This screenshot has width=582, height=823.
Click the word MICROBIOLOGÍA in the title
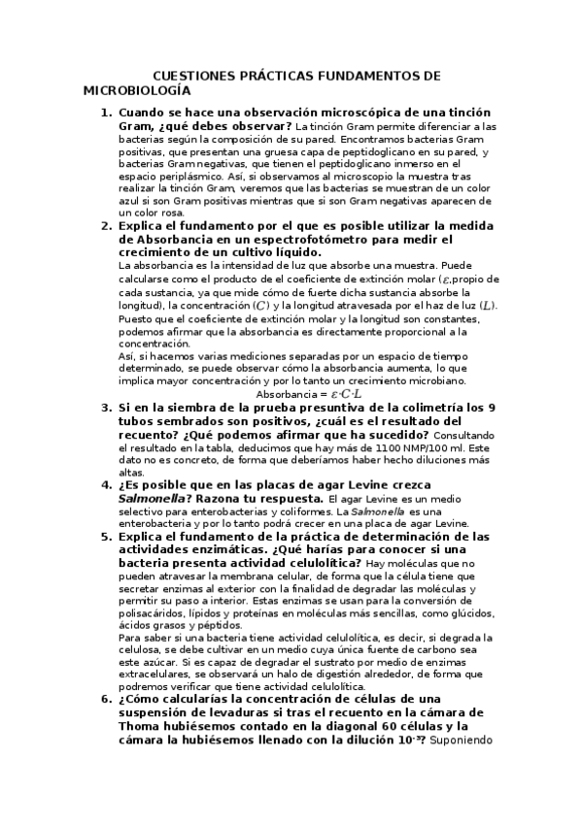click(x=130, y=90)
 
